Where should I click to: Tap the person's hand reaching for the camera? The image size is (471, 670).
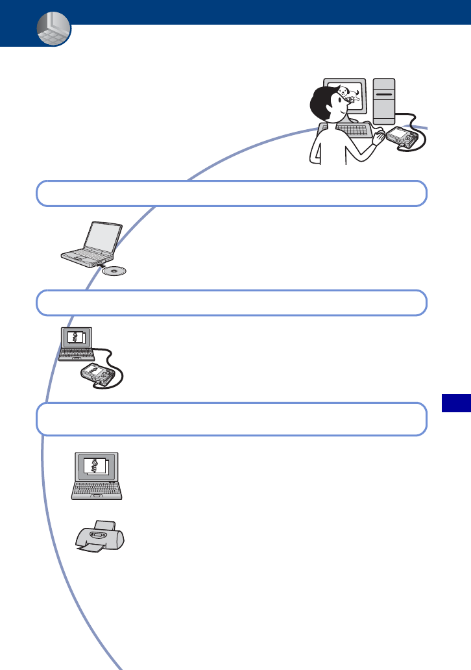point(378,136)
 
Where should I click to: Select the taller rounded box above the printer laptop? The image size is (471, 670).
point(232,419)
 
